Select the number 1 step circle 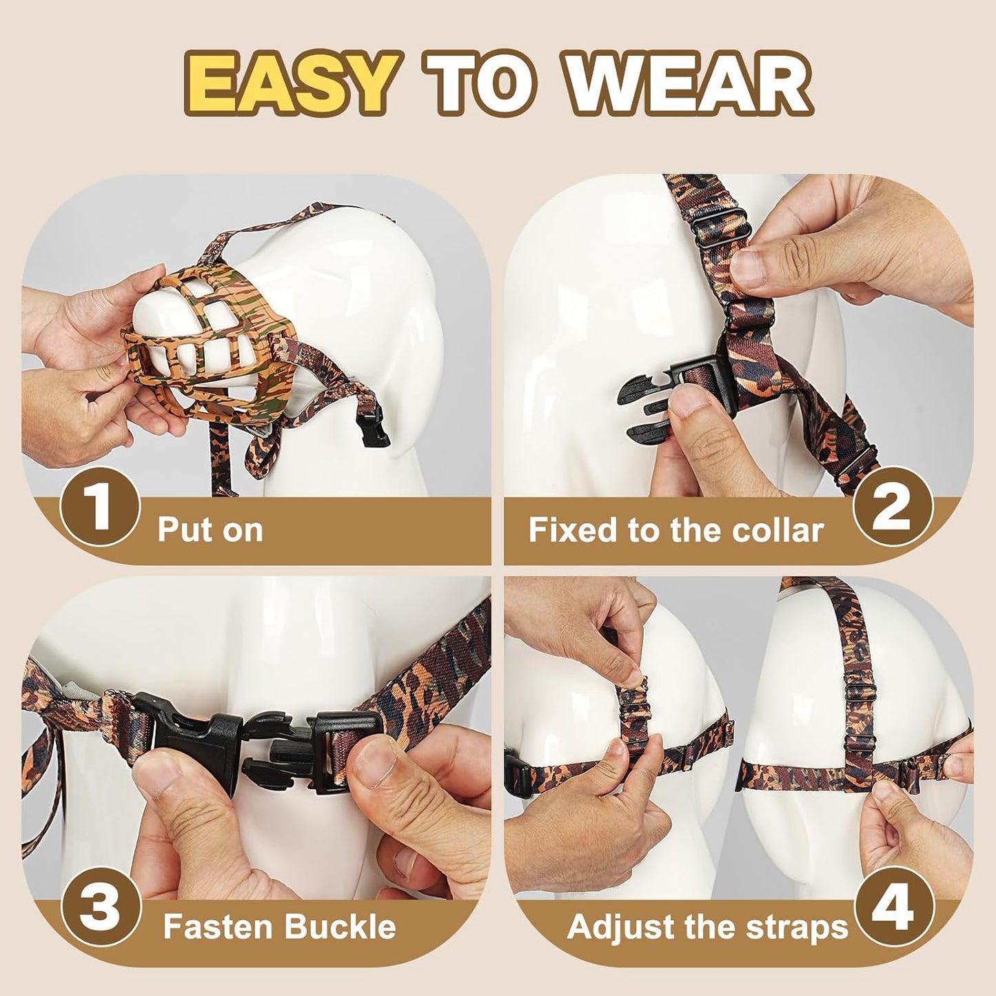pos(101,507)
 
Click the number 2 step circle pos(893,507)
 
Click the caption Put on pos(210,530)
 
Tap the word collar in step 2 pos(782,530)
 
